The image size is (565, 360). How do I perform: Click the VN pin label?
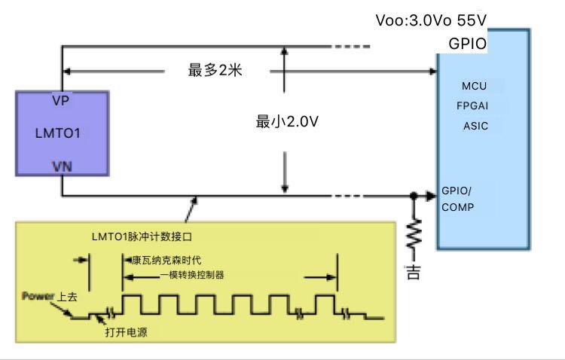[62, 165]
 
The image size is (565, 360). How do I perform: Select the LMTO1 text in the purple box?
[58, 133]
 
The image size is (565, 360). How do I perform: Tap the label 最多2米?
[218, 71]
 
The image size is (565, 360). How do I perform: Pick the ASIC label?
[475, 126]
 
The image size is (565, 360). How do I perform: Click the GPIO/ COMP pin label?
[458, 199]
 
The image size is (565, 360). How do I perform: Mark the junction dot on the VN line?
[414, 197]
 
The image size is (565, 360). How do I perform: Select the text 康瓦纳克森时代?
[167, 261]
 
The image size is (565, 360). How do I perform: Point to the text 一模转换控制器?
[192, 275]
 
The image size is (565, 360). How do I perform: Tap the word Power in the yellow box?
[38, 295]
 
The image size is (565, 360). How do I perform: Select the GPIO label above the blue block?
[467, 44]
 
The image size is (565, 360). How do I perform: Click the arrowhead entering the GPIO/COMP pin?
[432, 197]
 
